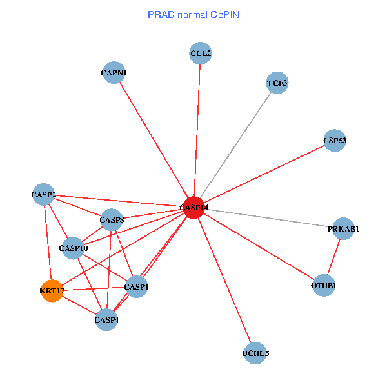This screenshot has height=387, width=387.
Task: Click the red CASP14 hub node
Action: click(x=193, y=207)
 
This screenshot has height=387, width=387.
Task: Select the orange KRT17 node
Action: click(x=52, y=291)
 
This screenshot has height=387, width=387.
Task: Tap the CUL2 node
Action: click(x=201, y=53)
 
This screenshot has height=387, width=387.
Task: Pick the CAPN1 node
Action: click(x=114, y=73)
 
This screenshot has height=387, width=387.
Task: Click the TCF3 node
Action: click(x=277, y=83)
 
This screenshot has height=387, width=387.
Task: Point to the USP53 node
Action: click(x=335, y=141)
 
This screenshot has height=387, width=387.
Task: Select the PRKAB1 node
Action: click(x=343, y=229)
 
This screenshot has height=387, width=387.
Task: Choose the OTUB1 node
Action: click(x=324, y=285)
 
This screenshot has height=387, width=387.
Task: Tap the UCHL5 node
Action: click(x=255, y=353)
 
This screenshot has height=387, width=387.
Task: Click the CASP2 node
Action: click(x=44, y=195)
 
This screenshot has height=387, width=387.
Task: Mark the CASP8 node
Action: click(x=112, y=220)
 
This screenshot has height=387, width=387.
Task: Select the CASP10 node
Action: click(x=74, y=248)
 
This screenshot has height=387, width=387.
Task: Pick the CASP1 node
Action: click(x=136, y=286)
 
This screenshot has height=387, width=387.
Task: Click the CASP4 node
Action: click(x=106, y=319)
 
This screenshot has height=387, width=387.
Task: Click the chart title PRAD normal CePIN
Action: click(x=193, y=14)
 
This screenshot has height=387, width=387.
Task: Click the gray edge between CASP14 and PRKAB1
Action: click(x=271, y=219)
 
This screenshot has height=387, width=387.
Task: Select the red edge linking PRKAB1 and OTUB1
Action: click(x=333, y=257)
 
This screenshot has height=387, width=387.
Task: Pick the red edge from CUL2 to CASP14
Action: click(x=197, y=129)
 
